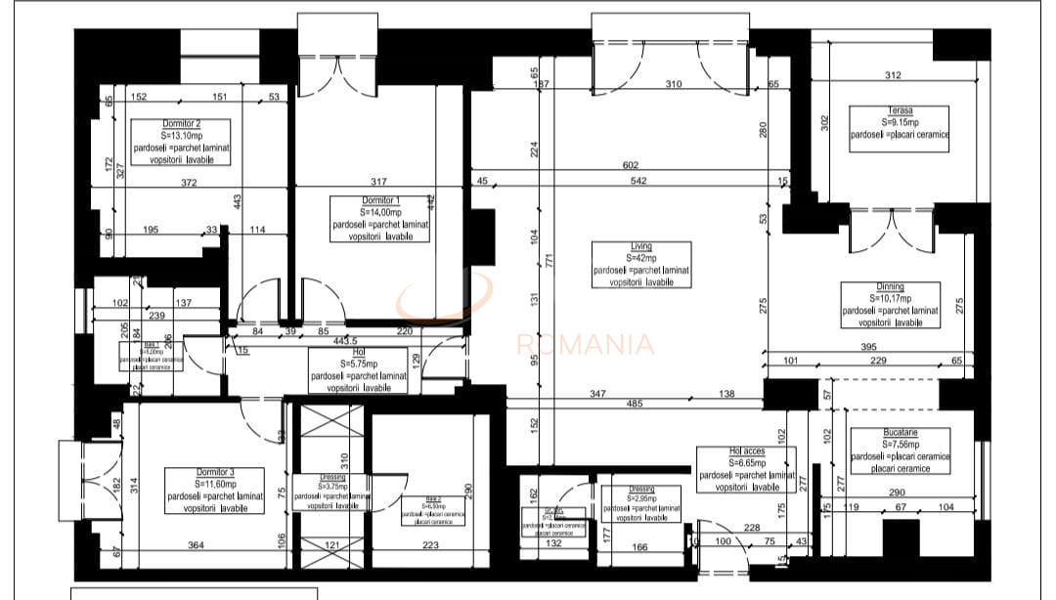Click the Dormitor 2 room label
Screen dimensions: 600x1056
[181, 125]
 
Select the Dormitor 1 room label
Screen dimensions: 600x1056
[379, 200]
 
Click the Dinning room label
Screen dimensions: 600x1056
[890, 287]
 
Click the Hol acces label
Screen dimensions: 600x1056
[747, 451]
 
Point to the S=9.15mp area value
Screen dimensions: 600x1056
[901, 123]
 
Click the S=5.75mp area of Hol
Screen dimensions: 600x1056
[351, 363]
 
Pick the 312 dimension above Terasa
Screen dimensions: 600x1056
[892, 75]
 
